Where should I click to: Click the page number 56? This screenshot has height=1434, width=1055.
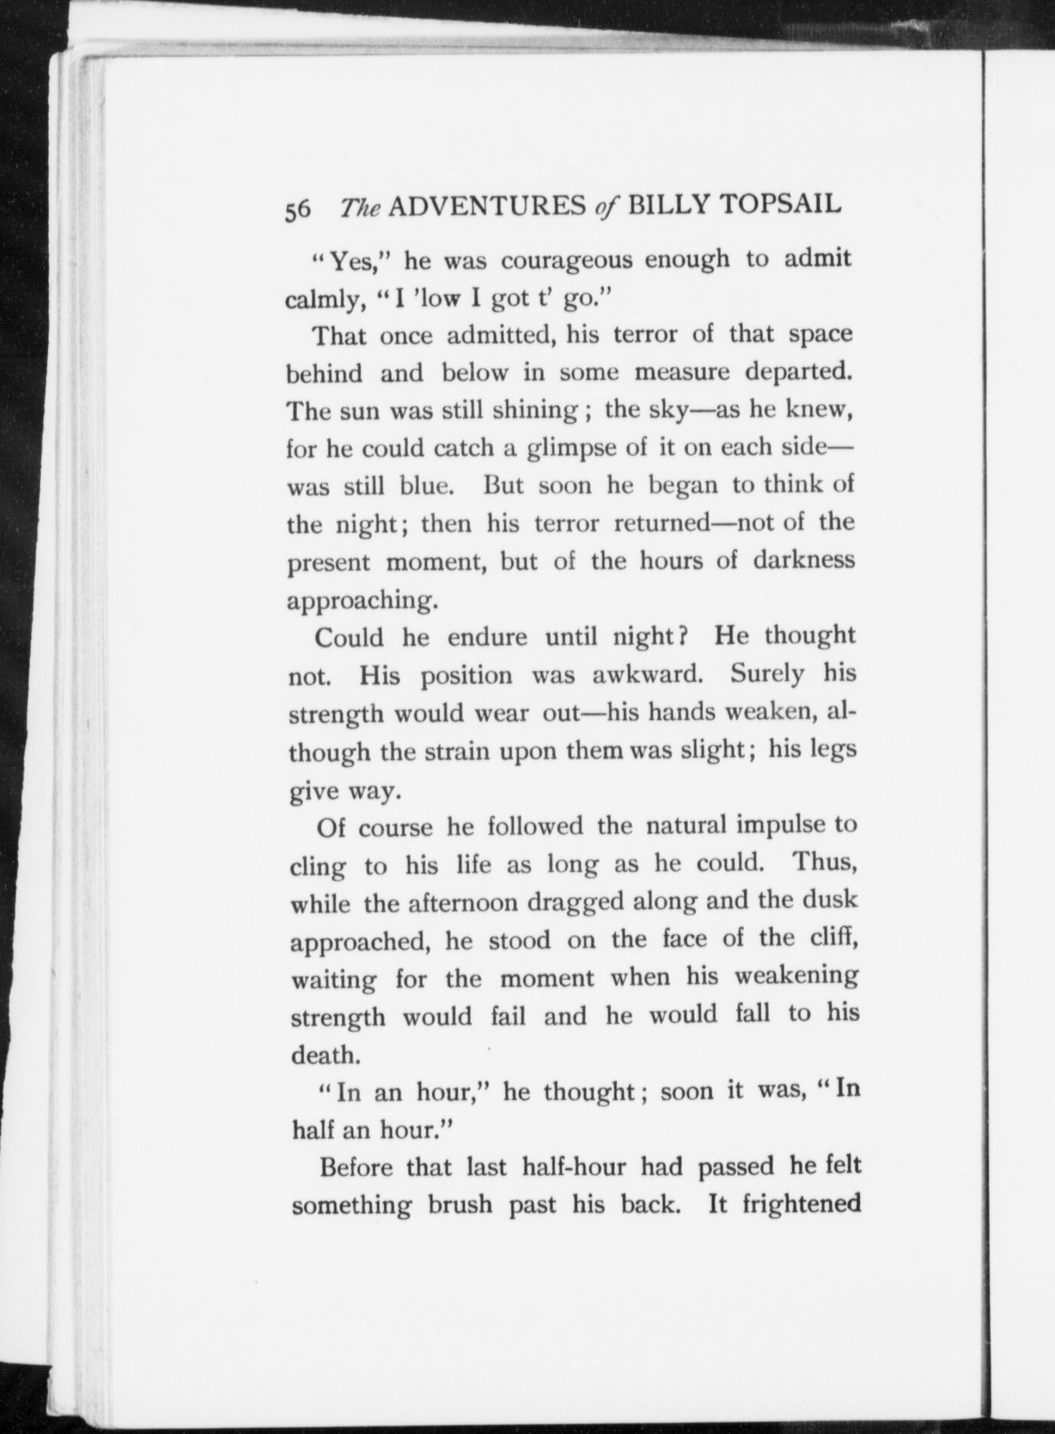[298, 211]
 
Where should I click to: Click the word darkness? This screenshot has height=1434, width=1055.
[803, 559]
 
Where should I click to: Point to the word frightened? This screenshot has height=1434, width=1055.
[801, 1204]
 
